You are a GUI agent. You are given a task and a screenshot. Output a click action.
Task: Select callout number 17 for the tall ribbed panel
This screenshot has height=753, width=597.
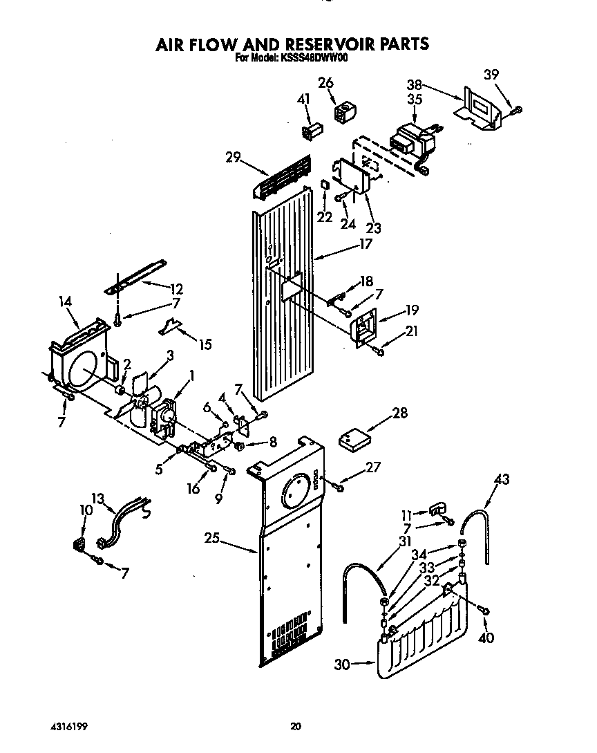365,243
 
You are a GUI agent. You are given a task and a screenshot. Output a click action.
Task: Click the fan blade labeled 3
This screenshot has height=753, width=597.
140,384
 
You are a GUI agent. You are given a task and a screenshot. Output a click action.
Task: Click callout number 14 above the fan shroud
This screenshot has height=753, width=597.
66,302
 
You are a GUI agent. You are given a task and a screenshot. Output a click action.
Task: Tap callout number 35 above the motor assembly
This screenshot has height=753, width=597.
415,99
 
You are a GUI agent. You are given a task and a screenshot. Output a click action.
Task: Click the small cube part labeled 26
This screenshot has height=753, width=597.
343,112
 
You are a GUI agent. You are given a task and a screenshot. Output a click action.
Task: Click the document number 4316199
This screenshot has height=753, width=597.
68,727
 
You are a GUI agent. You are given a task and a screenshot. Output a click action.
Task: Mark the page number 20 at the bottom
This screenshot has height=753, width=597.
296,727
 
